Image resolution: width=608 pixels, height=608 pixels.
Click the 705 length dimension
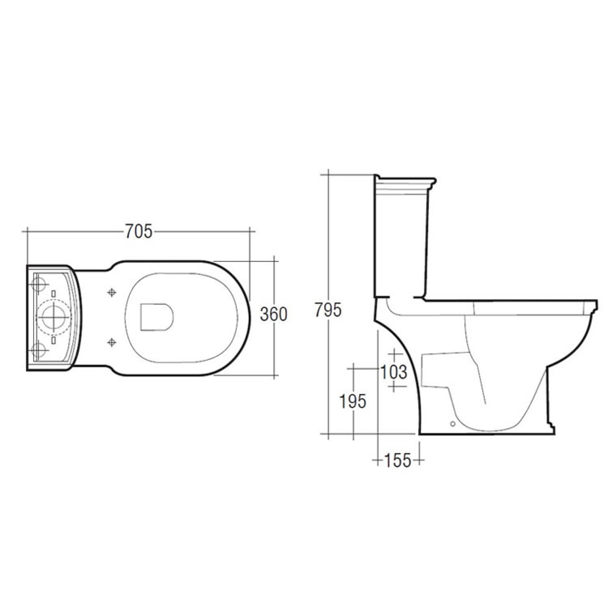139,232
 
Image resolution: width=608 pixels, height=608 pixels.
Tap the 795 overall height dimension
328,310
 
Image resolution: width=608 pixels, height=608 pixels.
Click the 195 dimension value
353,401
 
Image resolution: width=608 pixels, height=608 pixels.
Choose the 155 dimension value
398,460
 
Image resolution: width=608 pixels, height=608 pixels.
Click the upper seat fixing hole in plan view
112,293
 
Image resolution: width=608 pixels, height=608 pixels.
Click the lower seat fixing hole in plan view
112,342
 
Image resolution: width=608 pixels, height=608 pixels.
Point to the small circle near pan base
453,424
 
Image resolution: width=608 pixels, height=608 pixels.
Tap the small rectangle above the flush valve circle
54,294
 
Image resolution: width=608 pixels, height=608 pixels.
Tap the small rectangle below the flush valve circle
54,340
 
